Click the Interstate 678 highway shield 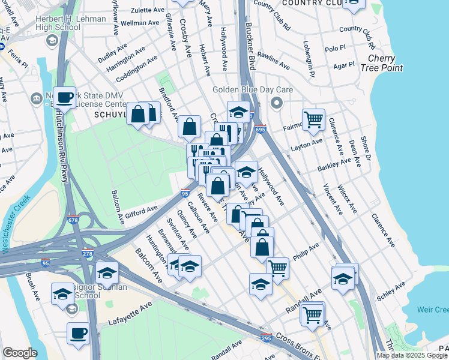tap(73, 220)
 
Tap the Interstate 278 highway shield tap(88, 253)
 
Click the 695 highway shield tap(260, 129)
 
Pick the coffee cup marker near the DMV tap(64, 97)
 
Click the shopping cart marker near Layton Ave tap(313, 120)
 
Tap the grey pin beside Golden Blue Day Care tap(276, 104)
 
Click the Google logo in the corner tap(19, 352)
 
